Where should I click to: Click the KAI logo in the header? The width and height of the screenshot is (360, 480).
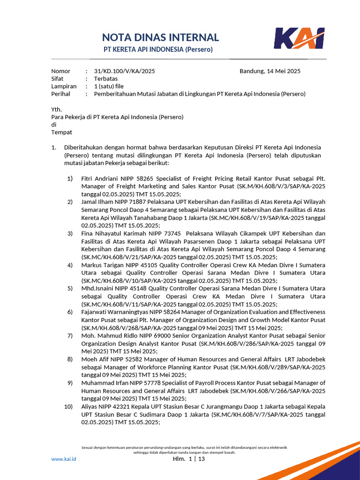(299, 38)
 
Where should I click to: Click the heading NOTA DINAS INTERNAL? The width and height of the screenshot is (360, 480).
(160, 37)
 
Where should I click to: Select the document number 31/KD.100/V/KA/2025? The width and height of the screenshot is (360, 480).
(124, 71)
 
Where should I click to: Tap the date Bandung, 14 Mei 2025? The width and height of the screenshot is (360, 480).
(270, 71)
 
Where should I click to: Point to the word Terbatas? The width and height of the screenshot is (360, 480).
(106, 79)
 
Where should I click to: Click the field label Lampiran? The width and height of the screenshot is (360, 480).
(64, 86)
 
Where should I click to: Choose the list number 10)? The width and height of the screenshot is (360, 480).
(68, 406)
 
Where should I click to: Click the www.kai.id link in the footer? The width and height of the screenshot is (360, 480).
(63, 459)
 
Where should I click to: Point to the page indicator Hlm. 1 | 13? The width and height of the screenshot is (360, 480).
(189, 459)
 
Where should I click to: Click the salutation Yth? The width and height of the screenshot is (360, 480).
(56, 109)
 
